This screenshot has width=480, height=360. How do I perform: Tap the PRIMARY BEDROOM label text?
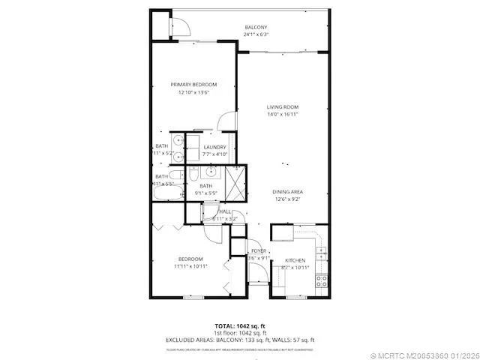[x=193, y=84]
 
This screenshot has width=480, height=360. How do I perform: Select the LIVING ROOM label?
[x=283, y=106]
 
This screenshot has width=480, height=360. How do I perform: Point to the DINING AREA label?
[x=287, y=192]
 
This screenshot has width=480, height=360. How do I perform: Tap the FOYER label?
[x=259, y=250]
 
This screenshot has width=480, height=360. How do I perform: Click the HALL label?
[x=225, y=212]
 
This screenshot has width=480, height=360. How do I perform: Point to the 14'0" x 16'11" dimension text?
[x=283, y=115]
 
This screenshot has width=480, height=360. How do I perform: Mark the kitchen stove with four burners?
[x=321, y=281]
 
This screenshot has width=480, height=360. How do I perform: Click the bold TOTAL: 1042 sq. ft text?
[x=240, y=325]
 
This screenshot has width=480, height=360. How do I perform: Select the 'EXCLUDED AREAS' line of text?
[x=240, y=340]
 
